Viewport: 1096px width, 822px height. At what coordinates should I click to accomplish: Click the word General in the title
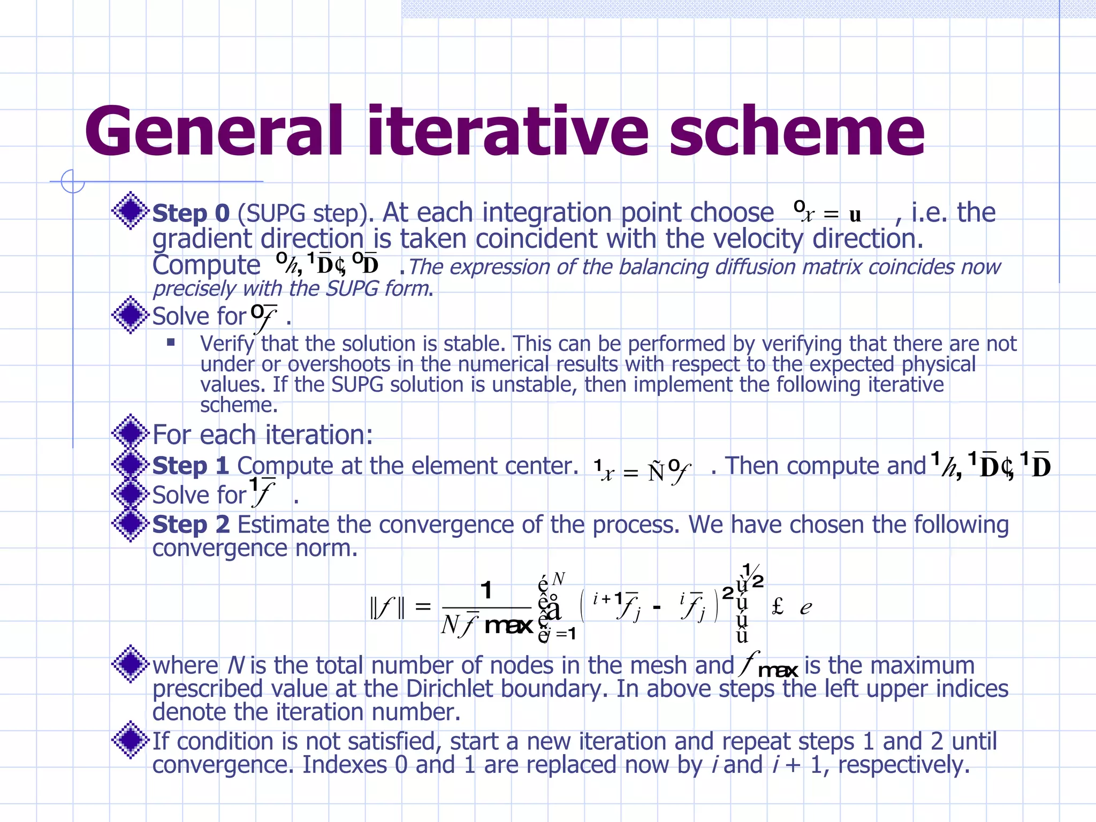(x=214, y=131)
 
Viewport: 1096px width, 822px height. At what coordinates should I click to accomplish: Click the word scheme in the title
(x=797, y=131)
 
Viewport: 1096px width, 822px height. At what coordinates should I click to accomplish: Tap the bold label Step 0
(x=191, y=213)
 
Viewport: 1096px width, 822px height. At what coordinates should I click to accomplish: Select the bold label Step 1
(x=191, y=466)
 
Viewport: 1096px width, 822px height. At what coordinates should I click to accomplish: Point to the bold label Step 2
(x=191, y=524)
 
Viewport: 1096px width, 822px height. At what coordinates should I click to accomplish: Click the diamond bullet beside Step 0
(x=130, y=210)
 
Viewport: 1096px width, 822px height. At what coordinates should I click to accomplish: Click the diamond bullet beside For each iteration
(x=130, y=433)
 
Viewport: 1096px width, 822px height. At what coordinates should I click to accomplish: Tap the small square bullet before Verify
(x=171, y=342)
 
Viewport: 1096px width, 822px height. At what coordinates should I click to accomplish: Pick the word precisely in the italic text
(x=194, y=289)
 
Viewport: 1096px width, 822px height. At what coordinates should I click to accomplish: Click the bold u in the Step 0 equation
(x=855, y=215)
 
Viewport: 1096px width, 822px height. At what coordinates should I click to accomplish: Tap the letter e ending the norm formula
(x=805, y=608)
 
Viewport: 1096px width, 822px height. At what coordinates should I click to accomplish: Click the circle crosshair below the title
(x=73, y=181)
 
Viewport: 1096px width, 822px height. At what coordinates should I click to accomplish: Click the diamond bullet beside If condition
(x=130, y=740)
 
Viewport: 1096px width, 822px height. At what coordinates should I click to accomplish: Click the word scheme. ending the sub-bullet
(x=239, y=405)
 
